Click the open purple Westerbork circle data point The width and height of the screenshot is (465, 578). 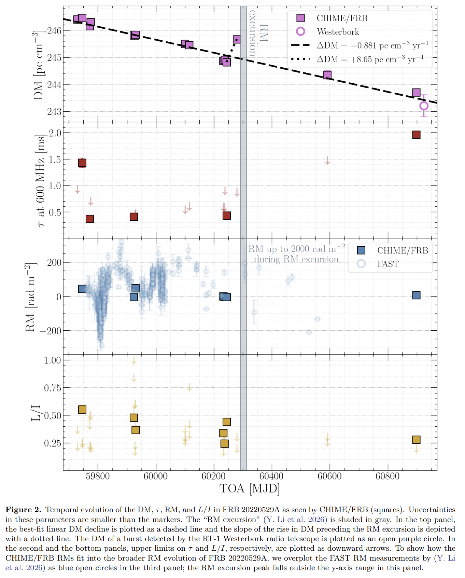[424, 106]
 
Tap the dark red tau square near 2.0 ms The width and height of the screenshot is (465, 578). [416, 135]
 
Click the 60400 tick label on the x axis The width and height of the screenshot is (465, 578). [271, 476]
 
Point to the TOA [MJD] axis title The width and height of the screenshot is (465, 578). [250, 488]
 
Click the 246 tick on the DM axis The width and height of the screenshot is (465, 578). [54, 31]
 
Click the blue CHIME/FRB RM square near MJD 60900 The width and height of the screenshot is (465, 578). [416, 295]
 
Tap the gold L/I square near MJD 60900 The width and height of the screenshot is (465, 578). [416, 440]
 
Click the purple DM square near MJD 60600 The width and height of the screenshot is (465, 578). [327, 75]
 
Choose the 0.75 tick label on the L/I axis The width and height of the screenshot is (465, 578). [52, 388]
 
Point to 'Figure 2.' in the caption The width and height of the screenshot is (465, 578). [23, 510]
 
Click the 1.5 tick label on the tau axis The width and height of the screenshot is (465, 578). [55, 160]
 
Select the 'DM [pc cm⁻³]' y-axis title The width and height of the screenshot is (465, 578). [39, 65]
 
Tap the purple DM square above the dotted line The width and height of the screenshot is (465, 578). [237, 40]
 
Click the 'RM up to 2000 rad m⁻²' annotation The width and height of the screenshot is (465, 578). [296, 249]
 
